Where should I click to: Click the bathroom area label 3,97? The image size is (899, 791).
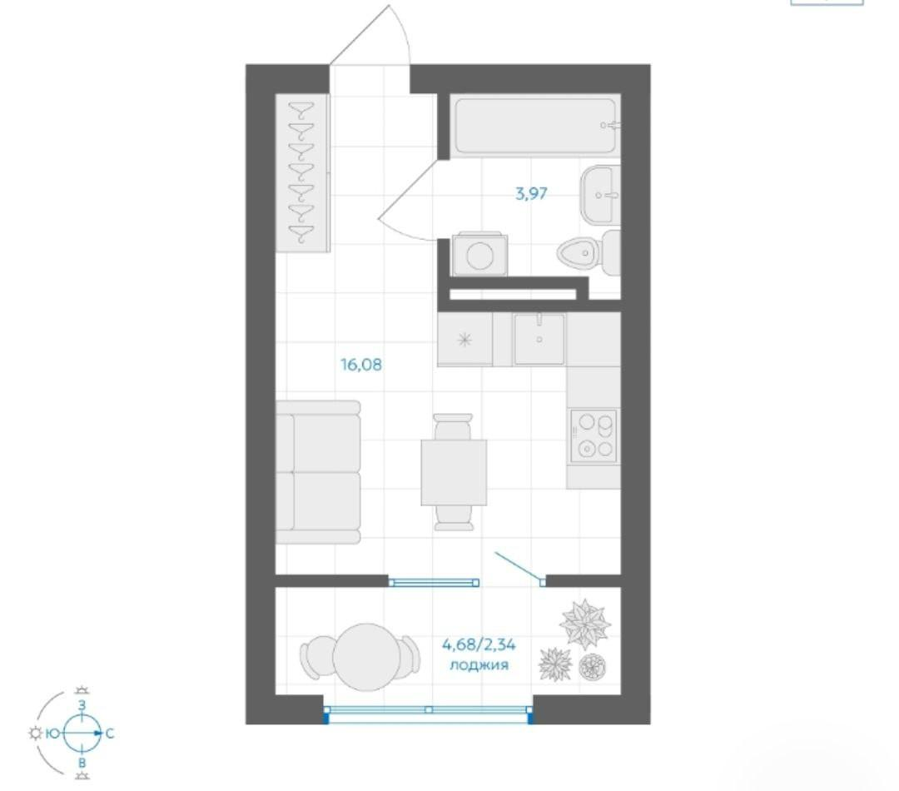(531, 194)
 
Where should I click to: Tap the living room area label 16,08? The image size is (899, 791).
(361, 364)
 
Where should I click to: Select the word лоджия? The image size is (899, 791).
(479, 665)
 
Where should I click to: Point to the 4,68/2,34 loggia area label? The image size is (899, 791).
(479, 644)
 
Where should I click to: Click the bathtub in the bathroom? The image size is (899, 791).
(535, 127)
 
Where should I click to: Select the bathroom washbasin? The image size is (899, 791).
(600, 195)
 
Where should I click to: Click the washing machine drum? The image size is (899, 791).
(480, 255)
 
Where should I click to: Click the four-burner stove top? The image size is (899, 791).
(594, 436)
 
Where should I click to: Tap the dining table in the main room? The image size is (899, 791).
(454, 473)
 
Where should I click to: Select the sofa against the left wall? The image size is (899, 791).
(318, 472)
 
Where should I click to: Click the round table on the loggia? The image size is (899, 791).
(367, 657)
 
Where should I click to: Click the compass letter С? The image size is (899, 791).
(110, 733)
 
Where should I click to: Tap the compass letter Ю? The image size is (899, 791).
(52, 733)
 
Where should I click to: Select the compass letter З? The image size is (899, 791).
(82, 705)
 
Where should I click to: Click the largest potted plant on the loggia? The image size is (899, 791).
(584, 623)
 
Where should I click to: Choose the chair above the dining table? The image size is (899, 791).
(453, 426)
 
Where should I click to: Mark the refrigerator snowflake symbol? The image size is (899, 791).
(464, 340)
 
